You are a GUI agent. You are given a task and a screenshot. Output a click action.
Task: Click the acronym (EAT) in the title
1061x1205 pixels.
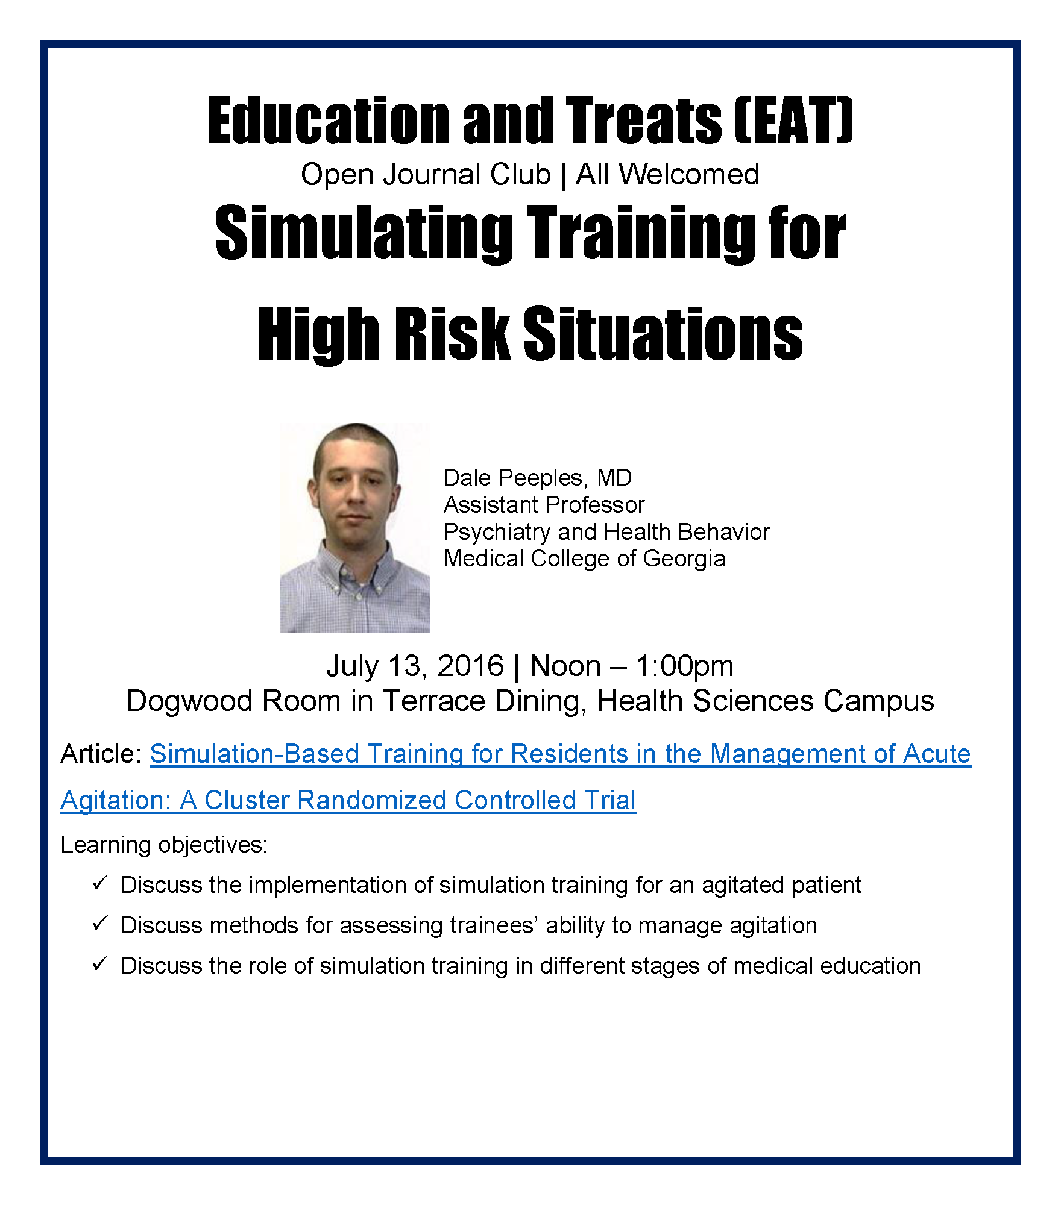(x=794, y=120)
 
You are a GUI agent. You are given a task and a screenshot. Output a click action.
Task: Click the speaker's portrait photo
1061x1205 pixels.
(x=354, y=527)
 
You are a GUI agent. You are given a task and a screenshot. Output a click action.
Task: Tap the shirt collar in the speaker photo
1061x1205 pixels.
(x=356, y=572)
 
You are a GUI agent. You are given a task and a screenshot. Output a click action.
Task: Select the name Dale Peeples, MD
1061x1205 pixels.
(x=538, y=478)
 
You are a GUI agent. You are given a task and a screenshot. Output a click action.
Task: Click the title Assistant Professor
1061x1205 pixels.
(x=544, y=504)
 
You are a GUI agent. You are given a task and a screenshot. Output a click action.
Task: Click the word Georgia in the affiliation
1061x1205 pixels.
(x=684, y=559)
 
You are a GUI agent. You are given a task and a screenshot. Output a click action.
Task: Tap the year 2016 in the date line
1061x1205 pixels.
(x=470, y=666)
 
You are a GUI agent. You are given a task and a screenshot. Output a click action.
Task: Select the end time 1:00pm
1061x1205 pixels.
(x=684, y=666)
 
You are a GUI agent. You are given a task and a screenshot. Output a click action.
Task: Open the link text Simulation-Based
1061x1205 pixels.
(x=254, y=754)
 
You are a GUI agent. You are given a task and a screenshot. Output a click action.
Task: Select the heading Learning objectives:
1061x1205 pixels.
(x=164, y=845)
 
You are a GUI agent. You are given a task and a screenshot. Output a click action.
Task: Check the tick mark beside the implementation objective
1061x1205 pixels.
(x=100, y=884)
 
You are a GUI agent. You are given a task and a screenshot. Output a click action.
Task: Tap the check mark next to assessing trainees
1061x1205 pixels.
(x=100, y=924)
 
